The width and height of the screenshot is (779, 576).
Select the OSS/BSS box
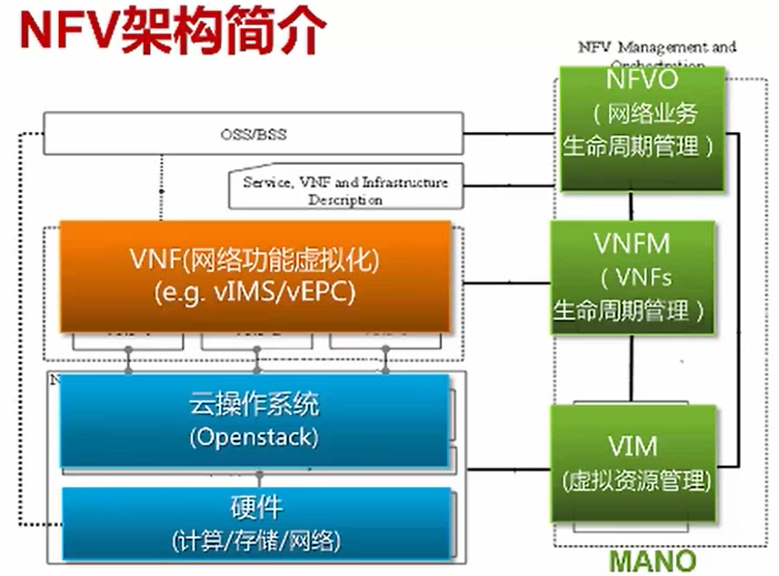pos(253,134)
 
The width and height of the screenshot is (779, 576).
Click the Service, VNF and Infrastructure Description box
pos(345,190)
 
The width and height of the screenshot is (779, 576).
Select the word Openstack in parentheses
pos(255,438)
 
